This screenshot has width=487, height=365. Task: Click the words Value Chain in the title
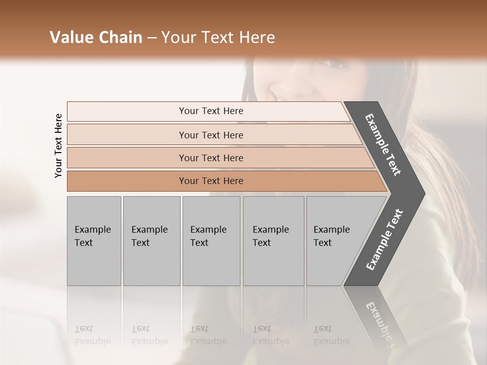pyautogui.click(x=96, y=38)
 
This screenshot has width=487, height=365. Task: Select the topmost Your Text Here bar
pyautogui.click(x=211, y=111)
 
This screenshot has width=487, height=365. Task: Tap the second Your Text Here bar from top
pyautogui.click(x=211, y=135)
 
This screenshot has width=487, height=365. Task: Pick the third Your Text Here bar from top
pyautogui.click(x=211, y=158)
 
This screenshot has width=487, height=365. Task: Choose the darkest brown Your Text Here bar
pyautogui.click(x=211, y=181)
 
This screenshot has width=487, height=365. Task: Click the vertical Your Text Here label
pyautogui.click(x=59, y=145)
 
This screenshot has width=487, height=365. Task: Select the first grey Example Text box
pyautogui.click(x=94, y=241)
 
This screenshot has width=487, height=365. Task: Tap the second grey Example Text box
pyautogui.click(x=151, y=241)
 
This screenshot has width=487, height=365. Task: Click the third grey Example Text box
pyautogui.click(x=211, y=241)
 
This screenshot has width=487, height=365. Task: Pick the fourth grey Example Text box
pyautogui.click(x=273, y=241)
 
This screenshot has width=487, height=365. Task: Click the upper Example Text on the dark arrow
pyautogui.click(x=384, y=144)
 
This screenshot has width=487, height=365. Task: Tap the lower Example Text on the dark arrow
pyautogui.click(x=385, y=240)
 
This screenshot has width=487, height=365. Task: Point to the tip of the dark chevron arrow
pyautogui.click(x=424, y=194)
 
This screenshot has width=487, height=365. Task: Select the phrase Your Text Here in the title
pyautogui.click(x=218, y=38)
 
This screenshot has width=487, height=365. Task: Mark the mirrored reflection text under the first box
pyautogui.click(x=92, y=335)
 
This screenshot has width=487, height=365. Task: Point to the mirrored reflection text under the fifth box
pyautogui.click(x=331, y=335)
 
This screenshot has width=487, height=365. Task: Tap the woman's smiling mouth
pyautogui.click(x=281, y=95)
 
